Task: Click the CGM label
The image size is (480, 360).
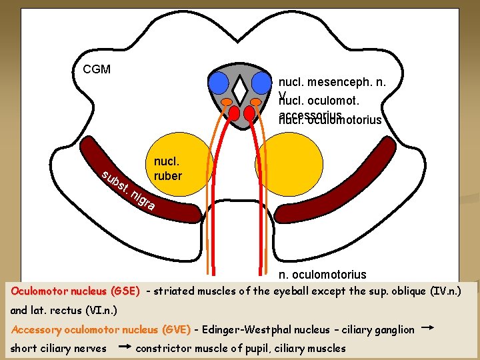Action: tap(97, 69)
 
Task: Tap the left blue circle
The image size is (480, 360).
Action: tap(218, 82)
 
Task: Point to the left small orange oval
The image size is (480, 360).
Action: tap(227, 102)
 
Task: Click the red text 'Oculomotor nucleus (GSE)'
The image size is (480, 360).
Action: tap(75, 291)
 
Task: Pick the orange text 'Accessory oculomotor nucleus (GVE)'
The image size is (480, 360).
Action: tap(101, 329)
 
